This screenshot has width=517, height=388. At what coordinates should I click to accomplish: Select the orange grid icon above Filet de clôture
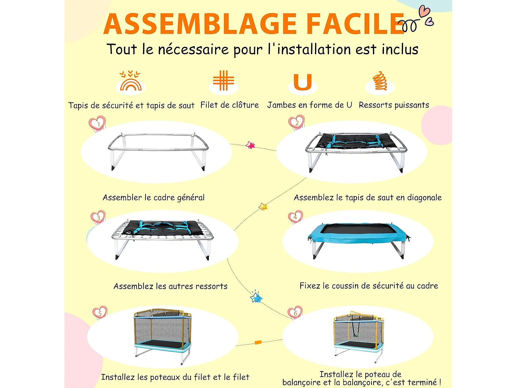223,80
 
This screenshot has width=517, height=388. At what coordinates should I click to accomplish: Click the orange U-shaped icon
303,82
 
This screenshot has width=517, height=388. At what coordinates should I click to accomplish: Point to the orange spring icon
379,81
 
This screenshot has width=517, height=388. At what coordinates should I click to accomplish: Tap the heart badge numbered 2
296,122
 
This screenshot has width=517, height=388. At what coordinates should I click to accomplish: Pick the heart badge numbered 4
295,217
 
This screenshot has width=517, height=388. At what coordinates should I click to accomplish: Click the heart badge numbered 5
100,313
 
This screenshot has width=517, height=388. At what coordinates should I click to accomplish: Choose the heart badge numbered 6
295,312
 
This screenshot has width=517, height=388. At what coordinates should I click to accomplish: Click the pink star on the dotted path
250,145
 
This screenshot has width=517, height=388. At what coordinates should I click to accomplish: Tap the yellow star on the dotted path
263,207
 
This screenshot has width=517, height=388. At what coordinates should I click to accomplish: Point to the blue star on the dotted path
256,297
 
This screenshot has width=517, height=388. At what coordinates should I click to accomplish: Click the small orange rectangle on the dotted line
258,342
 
